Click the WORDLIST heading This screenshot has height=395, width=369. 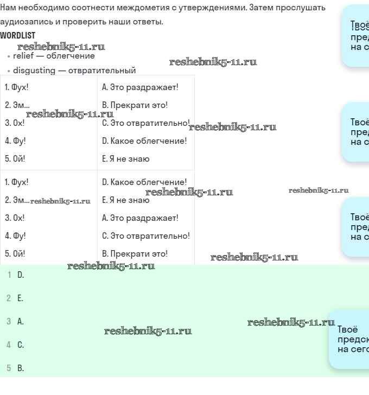click(17, 35)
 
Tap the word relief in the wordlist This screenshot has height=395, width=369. click(24, 56)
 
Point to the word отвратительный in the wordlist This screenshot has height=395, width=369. click(102, 71)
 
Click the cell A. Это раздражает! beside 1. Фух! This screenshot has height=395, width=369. click(140, 87)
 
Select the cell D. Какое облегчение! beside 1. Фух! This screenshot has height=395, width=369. click(144, 182)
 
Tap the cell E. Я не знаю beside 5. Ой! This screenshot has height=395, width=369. click(125, 159)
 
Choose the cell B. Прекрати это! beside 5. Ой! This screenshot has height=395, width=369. click(135, 253)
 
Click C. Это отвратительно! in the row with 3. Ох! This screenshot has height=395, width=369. click(145, 123)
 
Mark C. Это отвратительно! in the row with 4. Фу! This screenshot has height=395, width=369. click(145, 235)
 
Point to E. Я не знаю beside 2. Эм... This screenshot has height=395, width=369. click(125, 200)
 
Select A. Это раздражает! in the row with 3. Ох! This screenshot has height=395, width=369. click(140, 218)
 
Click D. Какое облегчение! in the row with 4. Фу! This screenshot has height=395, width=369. click(144, 141)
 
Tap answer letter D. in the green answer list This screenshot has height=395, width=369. click(21, 275)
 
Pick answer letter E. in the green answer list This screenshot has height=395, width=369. click(20, 298)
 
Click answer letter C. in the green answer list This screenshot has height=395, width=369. click(21, 345)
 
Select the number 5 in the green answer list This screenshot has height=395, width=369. click(9, 368)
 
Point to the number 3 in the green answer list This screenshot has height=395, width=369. click(9, 322)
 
